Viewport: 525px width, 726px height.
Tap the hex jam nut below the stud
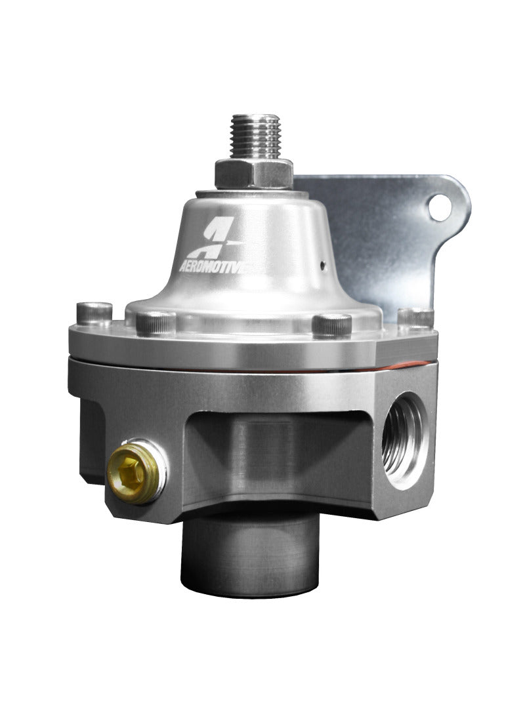click(x=253, y=173)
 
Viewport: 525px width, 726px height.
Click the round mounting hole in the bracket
click(x=440, y=208)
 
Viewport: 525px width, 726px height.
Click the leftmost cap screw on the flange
click(x=93, y=313)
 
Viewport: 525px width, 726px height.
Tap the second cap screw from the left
click(x=156, y=323)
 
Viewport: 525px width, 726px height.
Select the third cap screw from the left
click(x=332, y=325)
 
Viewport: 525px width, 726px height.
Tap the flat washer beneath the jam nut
click(x=253, y=192)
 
